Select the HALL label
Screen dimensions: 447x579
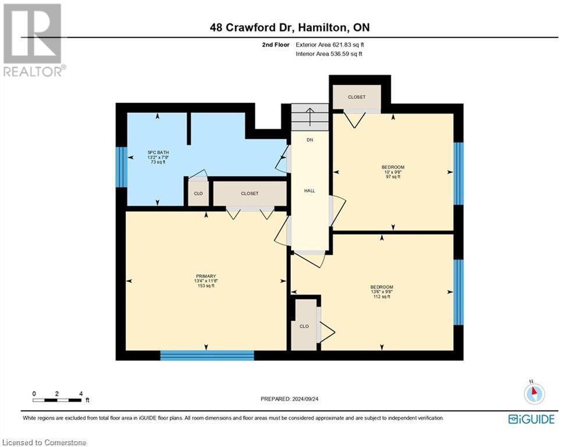click(310, 190)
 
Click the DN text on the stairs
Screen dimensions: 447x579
click(310, 140)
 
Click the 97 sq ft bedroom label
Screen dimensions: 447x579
click(394, 172)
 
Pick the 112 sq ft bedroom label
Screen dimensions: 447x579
click(382, 292)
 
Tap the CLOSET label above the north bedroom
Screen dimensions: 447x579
click(357, 97)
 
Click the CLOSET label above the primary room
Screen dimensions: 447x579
click(249, 193)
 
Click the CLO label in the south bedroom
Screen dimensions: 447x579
click(304, 326)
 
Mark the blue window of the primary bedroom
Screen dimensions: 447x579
click(207, 355)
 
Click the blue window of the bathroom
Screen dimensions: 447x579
click(120, 167)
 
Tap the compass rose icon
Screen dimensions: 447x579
click(534, 393)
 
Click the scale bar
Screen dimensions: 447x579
click(57, 400)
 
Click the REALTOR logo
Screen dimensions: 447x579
click(34, 40)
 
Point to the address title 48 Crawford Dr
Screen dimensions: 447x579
click(289, 27)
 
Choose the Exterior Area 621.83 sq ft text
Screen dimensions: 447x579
click(330, 44)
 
